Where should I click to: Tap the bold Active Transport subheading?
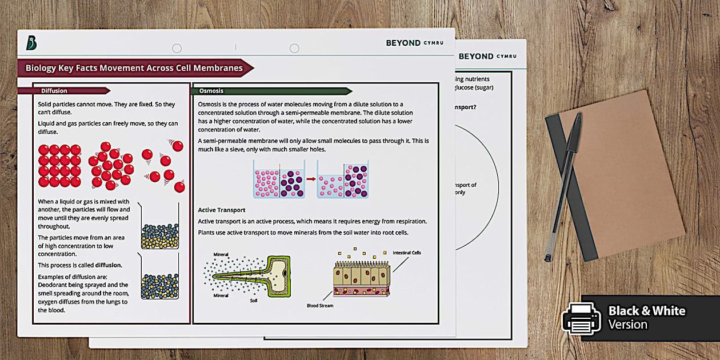click(221, 210)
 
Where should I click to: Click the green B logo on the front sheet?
click(31, 43)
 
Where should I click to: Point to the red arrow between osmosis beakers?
click(310, 179)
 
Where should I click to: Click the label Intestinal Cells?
click(406, 253)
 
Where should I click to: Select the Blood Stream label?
click(320, 306)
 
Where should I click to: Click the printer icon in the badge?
click(581, 317)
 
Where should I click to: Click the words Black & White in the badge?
click(646, 311)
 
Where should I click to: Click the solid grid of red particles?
click(59, 166)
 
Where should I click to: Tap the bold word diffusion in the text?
click(108, 265)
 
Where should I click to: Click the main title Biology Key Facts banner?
click(134, 68)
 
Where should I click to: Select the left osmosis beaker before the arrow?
click(279, 179)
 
